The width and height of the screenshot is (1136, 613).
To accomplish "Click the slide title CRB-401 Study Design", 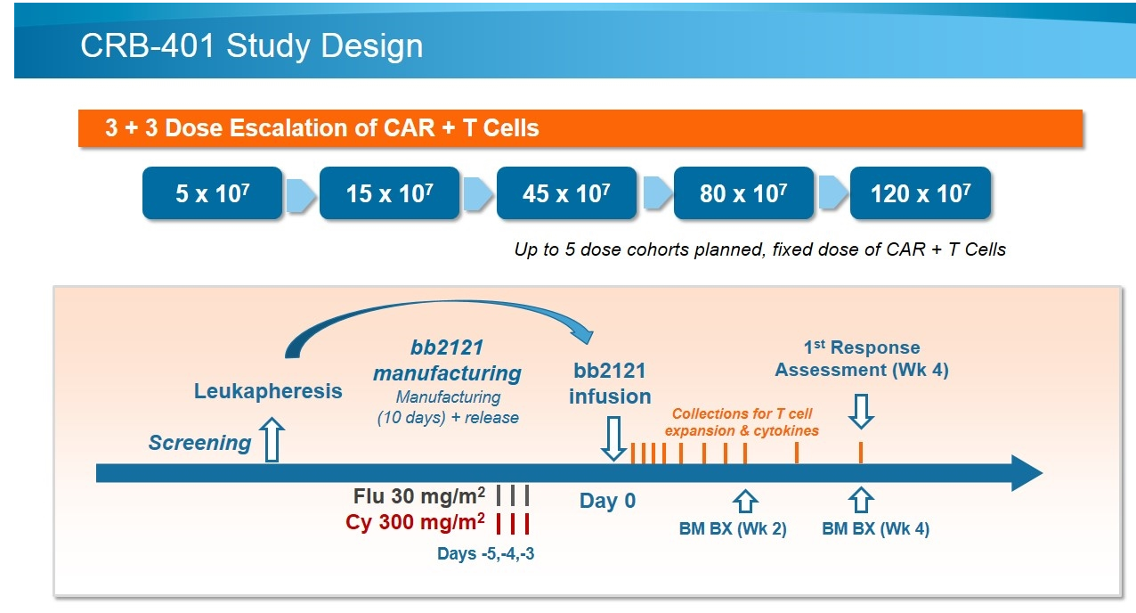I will coord(251,45).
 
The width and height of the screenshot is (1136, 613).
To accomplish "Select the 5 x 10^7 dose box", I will coord(212,193).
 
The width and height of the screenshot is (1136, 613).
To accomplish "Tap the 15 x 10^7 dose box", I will coord(389,193).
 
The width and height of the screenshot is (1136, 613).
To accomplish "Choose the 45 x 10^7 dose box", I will coord(566,193).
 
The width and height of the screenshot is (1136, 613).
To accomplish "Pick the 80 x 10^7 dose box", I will coord(743,193).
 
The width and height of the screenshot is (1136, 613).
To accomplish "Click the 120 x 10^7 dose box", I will coord(920,193).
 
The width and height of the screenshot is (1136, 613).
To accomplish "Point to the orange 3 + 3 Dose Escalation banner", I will coord(580,127).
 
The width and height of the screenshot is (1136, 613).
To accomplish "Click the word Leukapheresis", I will coord(268,391).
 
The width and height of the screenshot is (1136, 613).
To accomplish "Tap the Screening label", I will coord(200,443).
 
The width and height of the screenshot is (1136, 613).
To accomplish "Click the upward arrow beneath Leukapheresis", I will coord(273,440).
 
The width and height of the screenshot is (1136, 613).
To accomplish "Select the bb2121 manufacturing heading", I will coord(447,360).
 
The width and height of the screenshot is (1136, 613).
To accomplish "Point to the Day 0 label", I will coord(607,501).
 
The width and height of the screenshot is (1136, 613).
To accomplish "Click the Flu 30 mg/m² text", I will coord(418,495).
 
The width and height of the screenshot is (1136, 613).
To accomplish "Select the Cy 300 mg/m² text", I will coord(415,522).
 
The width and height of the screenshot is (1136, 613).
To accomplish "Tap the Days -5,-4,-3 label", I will coord(485,553).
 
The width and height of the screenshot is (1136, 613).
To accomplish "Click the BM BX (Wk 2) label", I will coord(733,529).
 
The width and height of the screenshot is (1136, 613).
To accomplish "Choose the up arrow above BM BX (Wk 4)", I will coord(861,501).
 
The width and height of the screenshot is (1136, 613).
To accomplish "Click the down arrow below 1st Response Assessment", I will coord(861,411).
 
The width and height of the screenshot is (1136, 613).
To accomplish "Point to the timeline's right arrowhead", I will coord(1026,472).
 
